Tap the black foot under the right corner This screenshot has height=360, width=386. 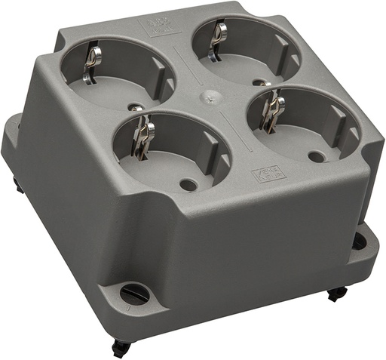(337, 294)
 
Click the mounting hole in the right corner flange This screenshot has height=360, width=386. (360, 242)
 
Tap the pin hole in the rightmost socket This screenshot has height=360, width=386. (317, 157)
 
